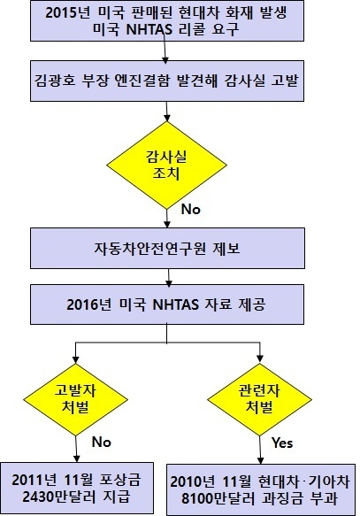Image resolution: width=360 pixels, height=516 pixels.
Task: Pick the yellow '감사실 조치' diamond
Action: coord(166,165)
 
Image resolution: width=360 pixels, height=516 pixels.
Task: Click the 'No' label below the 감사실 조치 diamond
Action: coord(191,209)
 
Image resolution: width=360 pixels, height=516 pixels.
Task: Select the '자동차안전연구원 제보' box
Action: coord(167,248)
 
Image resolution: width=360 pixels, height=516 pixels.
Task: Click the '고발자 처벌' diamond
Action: coord(75,399)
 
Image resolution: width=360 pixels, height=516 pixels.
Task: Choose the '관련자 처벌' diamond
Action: coord(259,399)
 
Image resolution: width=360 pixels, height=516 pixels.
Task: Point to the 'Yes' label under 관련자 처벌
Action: coord(282,443)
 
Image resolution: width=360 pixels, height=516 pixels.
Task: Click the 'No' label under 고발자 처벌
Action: coord(101,442)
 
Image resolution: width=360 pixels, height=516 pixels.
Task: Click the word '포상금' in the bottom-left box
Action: coord(120,481)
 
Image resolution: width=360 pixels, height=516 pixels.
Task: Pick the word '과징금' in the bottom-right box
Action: coord(282,498)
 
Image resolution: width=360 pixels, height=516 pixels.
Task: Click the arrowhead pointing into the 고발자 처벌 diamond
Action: coord(75,359)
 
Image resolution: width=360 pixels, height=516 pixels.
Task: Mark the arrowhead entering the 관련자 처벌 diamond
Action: coord(260,359)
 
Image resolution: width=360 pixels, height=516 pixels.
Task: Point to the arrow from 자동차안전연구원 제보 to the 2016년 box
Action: coord(168,278)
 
